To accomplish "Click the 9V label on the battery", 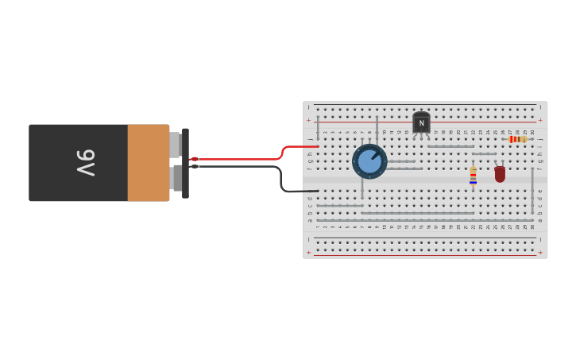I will pyautogui.click(x=86, y=162).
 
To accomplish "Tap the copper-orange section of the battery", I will pyautogui.click(x=148, y=162).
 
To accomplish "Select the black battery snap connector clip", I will pyautogui.click(x=185, y=163).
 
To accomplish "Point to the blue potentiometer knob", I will pyautogui.click(x=369, y=161).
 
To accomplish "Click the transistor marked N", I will pyautogui.click(x=421, y=123).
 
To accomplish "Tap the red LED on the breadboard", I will pyautogui.click(x=500, y=174).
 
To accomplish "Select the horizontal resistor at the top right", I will pyautogui.click(x=517, y=139).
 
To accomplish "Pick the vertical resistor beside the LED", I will pyautogui.click(x=473, y=176).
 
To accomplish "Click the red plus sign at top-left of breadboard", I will pyautogui.click(x=309, y=120).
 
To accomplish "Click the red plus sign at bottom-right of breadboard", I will pyautogui.click(x=540, y=252).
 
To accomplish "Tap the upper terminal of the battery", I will pyautogui.click(x=176, y=145).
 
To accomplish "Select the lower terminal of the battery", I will pyautogui.click(x=176, y=178).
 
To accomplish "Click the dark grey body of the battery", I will pyautogui.click(x=78, y=162).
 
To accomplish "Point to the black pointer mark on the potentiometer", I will pyautogui.click(x=375, y=155).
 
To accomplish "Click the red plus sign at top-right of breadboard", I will pyautogui.click(x=540, y=120).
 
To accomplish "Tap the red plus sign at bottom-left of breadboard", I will pyautogui.click(x=309, y=252).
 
